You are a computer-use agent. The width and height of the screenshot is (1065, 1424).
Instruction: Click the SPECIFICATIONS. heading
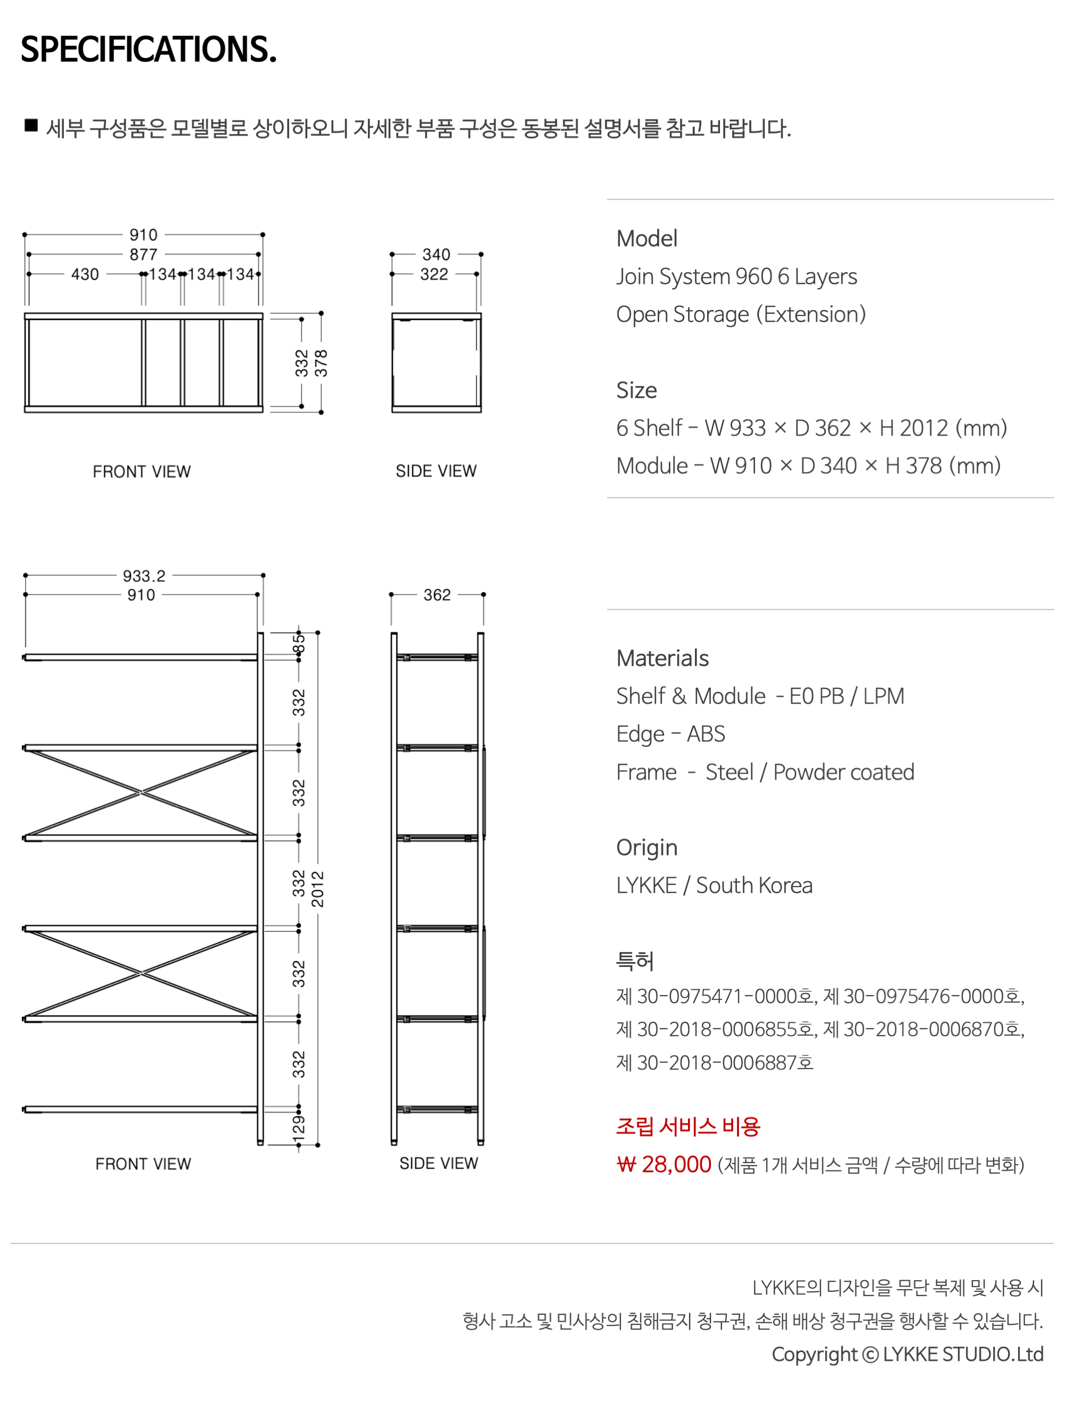[149, 49]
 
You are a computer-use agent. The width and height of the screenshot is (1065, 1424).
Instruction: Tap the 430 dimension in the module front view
[85, 274]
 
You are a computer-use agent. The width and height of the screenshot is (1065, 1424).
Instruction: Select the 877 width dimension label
[143, 254]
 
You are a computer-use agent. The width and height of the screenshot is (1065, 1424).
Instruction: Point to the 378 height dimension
[321, 363]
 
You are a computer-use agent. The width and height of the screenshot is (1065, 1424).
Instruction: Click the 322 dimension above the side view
[434, 274]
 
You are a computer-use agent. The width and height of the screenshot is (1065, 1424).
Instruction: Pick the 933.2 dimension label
[144, 575]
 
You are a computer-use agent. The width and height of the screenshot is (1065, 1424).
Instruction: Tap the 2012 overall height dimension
[318, 889]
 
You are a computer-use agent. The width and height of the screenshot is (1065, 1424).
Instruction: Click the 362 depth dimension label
[437, 595]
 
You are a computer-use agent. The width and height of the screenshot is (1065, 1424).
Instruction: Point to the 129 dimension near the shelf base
[299, 1130]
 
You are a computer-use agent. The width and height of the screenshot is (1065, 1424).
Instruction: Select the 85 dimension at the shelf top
[299, 643]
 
